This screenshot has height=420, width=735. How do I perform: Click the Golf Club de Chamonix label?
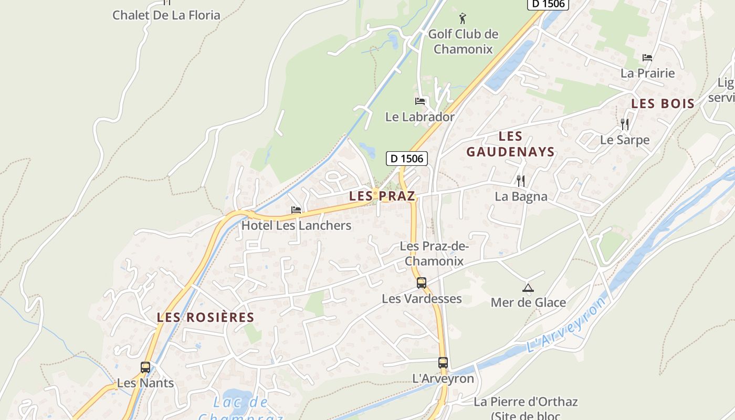(x=463, y=41)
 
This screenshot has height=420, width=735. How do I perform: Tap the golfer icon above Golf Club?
(x=463, y=19)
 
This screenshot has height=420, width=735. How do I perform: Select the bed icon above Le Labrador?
(x=420, y=101)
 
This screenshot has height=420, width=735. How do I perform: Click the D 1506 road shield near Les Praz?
(x=407, y=158)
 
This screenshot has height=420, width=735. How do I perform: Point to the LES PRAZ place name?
(x=382, y=196)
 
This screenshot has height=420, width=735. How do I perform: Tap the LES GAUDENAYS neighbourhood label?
(x=510, y=144)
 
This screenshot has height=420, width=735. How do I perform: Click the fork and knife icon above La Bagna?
(x=521, y=181)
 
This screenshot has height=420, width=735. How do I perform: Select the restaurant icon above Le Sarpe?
(x=625, y=124)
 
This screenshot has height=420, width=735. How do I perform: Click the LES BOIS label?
(x=663, y=104)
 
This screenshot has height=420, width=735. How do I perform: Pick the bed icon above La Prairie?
(x=647, y=58)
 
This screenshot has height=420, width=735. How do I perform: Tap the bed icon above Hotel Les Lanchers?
(x=296, y=210)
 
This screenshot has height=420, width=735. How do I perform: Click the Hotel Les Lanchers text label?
(x=296, y=226)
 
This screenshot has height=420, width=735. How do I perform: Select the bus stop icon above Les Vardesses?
(x=422, y=283)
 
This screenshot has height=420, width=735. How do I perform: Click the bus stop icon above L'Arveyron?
(x=443, y=363)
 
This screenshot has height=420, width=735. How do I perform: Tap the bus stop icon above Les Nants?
(x=145, y=367)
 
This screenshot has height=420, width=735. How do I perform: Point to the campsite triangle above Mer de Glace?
(x=528, y=288)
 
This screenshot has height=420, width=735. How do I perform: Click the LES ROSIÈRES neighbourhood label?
(x=205, y=318)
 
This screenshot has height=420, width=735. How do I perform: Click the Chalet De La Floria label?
(x=166, y=15)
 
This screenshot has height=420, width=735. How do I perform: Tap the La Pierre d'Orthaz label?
(x=526, y=402)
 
